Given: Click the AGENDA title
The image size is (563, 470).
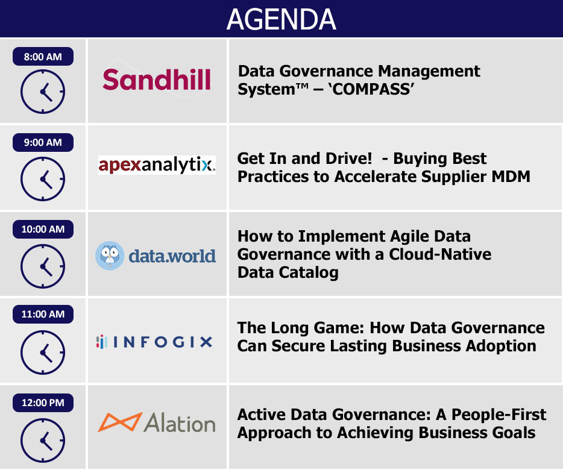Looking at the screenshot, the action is [x=281, y=19].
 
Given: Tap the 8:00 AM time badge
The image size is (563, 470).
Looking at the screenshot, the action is [x=43, y=57].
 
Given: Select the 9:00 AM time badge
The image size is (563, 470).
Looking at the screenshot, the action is [x=43, y=142].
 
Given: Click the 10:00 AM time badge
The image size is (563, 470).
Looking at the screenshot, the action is [x=43, y=229].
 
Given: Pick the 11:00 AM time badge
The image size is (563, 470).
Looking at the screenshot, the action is [x=43, y=314].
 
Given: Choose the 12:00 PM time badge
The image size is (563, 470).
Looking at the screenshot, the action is [x=43, y=403].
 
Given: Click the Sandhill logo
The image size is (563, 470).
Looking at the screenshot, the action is [x=157, y=80].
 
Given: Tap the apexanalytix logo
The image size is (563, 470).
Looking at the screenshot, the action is [x=157, y=165].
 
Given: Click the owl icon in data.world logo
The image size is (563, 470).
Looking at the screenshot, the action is [x=110, y=255].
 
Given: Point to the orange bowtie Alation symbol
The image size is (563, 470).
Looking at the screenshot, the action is [x=121, y=422].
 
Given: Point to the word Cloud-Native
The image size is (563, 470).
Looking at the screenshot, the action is [x=440, y=254].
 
